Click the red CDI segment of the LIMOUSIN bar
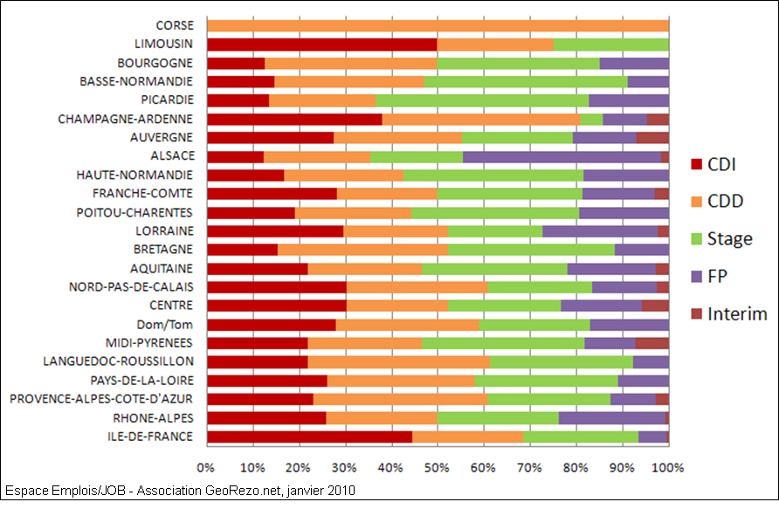[x=321, y=44]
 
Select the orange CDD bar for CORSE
[x=438, y=25]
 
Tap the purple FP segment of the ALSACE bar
[x=562, y=156]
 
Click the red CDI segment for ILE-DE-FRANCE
[x=309, y=437]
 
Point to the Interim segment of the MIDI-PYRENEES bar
[x=651, y=343]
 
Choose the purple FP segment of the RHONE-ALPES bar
[x=611, y=418]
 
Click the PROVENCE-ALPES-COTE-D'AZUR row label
[x=101, y=399]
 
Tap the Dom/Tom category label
[x=169, y=324]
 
